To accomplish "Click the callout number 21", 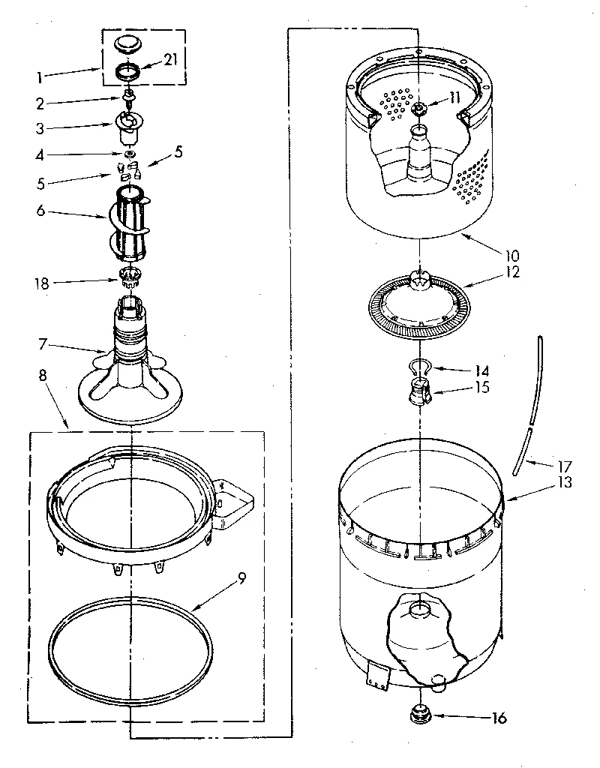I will click(x=170, y=61).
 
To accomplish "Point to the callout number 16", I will click(x=498, y=718).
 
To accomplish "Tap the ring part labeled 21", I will click(x=130, y=73).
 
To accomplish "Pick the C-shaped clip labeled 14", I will click(x=421, y=367).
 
